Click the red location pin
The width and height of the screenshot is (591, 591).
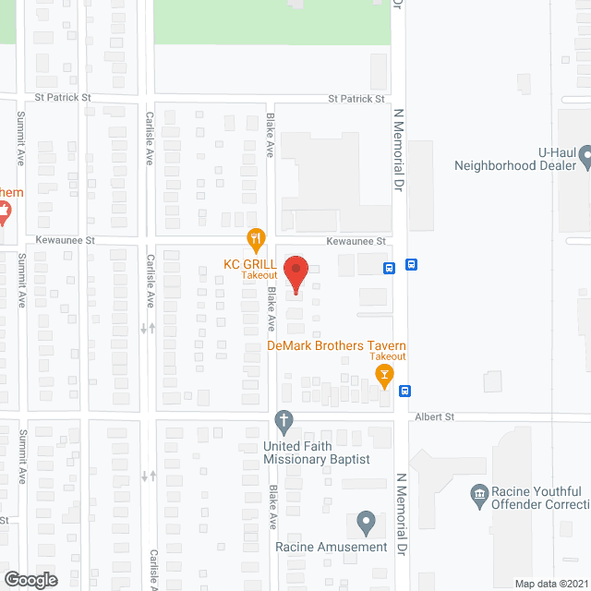(x=295, y=272)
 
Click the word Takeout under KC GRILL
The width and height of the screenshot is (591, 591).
(x=259, y=275)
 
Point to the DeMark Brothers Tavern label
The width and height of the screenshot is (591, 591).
(x=336, y=345)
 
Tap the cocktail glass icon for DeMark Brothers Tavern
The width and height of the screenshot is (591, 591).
(x=384, y=374)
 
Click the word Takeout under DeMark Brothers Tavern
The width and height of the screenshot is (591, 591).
(x=388, y=356)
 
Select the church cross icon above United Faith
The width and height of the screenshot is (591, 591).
(x=284, y=423)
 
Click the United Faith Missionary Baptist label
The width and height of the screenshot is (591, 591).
(x=317, y=453)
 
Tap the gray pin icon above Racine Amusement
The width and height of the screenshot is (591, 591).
(x=366, y=523)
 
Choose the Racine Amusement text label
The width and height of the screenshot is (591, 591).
(x=332, y=547)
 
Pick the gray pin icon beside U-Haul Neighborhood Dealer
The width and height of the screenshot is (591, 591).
(x=585, y=163)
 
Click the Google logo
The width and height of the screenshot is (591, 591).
(x=30, y=579)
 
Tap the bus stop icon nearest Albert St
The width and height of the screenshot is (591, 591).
(x=405, y=391)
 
